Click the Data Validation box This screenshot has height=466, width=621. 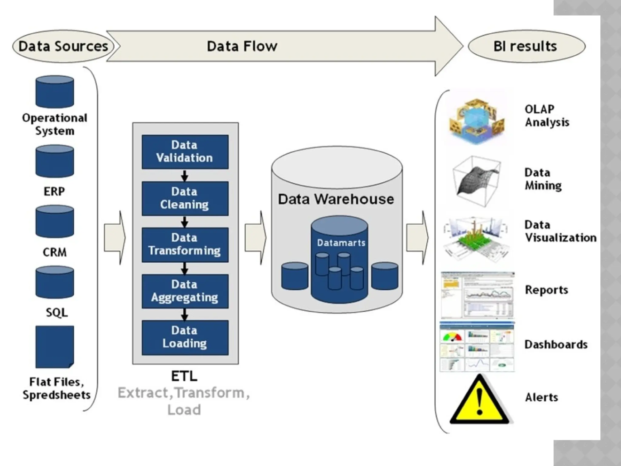(x=185, y=152)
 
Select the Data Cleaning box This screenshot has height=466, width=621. (x=185, y=198)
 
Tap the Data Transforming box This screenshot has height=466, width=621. (x=185, y=245)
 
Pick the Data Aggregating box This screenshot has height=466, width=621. (x=185, y=291)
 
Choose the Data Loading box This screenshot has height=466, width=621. (x=185, y=337)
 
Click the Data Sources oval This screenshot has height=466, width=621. (x=63, y=46)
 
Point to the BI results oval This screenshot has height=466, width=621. (x=526, y=46)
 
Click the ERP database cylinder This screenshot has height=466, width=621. (x=55, y=161)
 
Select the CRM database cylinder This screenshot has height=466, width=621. (x=55, y=221)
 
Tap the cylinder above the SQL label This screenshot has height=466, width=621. (x=55, y=282)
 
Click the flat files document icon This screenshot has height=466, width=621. (x=55, y=346)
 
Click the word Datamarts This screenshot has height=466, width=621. (x=341, y=243)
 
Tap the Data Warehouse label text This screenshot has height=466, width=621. (x=336, y=199)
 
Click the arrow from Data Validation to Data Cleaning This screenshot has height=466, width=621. (x=185, y=175)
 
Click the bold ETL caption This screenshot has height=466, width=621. (x=184, y=376)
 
